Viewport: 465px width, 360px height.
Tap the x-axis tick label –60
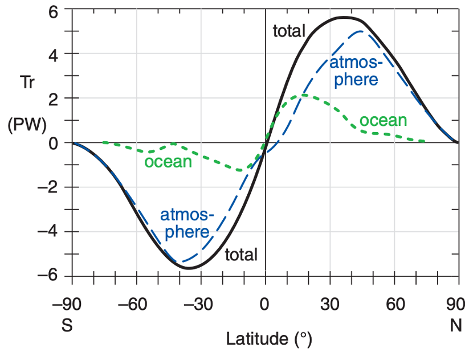tap(137, 304)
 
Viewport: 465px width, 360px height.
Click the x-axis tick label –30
tap(201, 304)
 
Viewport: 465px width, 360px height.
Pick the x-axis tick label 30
tap(330, 304)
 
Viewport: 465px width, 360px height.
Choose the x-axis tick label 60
tap(394, 304)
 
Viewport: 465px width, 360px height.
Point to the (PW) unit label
tap(27, 125)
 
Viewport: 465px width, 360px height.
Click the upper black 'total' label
tap(289, 31)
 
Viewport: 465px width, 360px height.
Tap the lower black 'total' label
tap(241, 255)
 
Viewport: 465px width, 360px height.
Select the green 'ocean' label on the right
tap(383, 120)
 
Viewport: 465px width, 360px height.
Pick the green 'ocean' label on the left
tap(168, 162)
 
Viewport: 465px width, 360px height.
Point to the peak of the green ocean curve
tap(304, 95)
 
